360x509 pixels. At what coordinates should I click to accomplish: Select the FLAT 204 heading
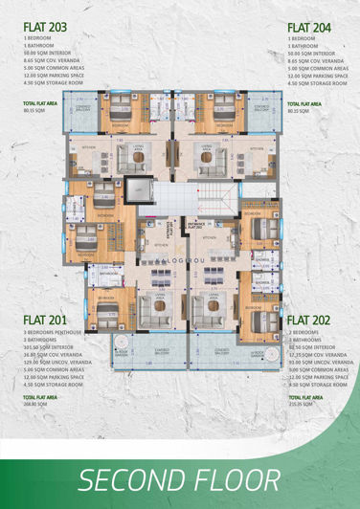[x=309, y=28]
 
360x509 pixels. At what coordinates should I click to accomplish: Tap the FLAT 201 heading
[x=45, y=319]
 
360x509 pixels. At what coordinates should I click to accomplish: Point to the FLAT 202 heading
[x=309, y=319]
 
